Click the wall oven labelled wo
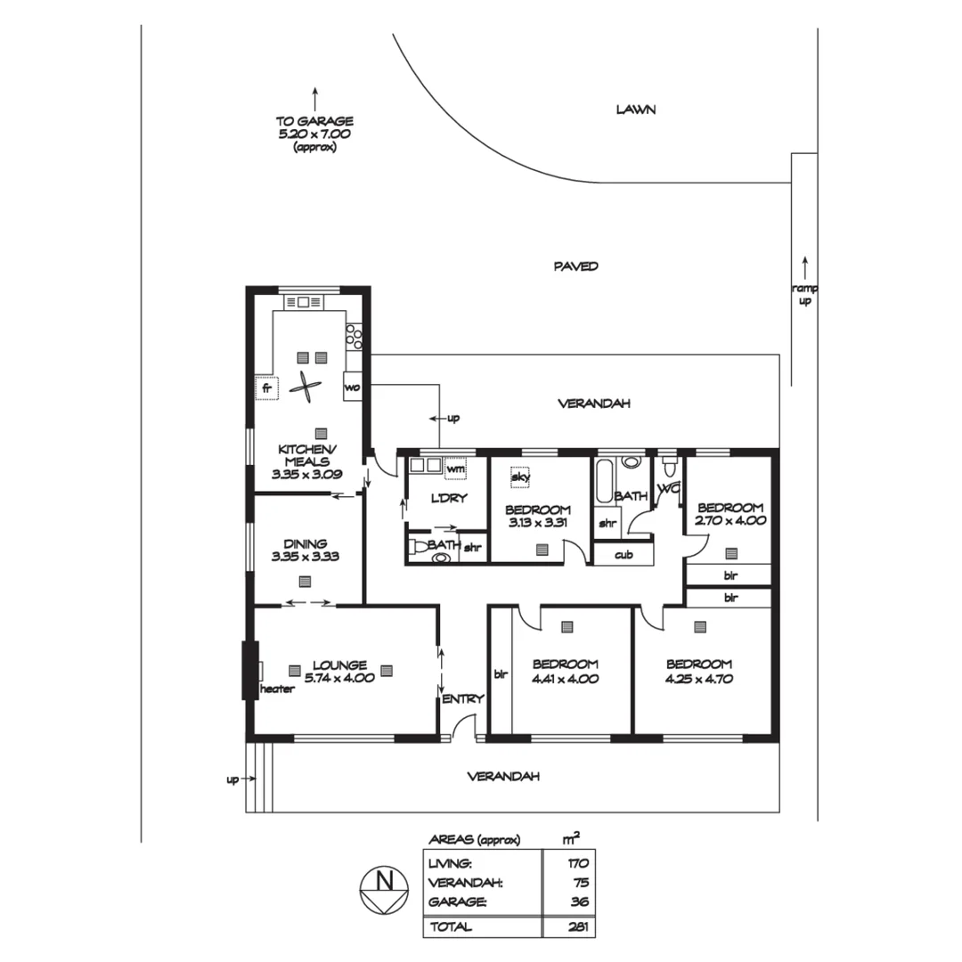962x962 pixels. tap(352, 387)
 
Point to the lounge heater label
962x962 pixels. tap(277, 689)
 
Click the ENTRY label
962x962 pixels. tap(462, 698)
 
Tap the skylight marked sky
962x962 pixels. tap(520, 477)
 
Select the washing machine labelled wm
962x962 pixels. tap(455, 468)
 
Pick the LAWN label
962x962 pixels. tap(636, 110)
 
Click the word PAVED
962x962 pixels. tap(575, 265)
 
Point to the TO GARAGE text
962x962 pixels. tap(314, 121)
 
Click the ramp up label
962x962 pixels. tap(804, 295)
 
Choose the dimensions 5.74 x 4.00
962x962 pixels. tap(339, 678)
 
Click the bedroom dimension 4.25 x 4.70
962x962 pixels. tap(698, 678)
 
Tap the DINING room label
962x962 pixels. tap(306, 543)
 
